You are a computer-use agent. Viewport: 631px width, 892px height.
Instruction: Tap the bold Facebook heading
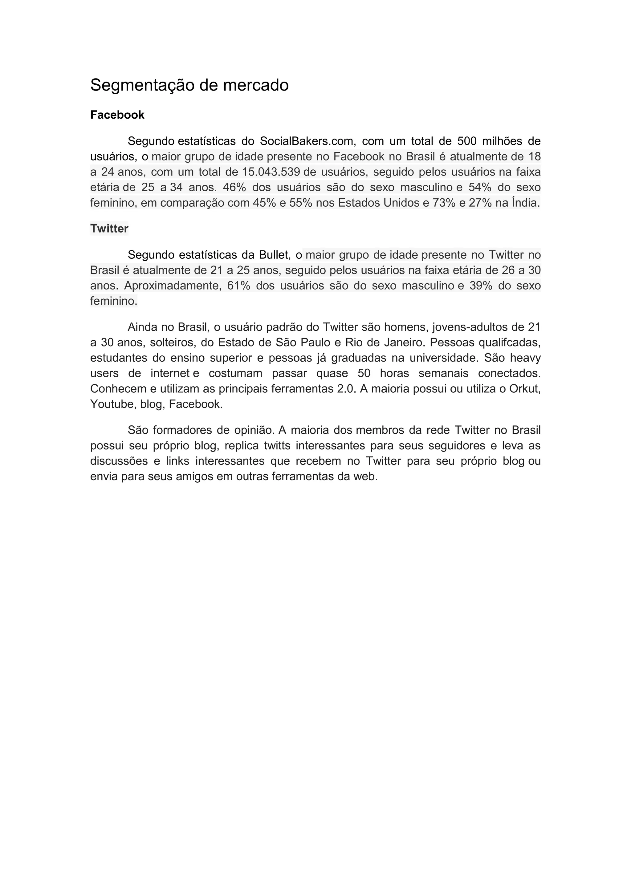(117, 115)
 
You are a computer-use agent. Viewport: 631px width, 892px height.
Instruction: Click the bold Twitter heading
(109, 229)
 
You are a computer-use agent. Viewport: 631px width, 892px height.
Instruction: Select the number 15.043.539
(271, 172)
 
